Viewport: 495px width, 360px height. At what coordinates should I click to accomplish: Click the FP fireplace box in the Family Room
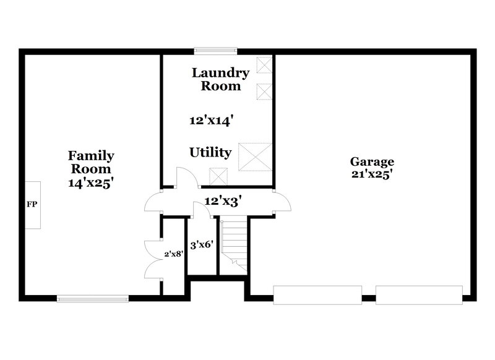pyautogui.click(x=33, y=205)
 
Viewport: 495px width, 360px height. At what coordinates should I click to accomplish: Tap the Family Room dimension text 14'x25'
pyautogui.click(x=91, y=183)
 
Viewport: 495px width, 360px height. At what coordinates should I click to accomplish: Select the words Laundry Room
pyautogui.click(x=220, y=79)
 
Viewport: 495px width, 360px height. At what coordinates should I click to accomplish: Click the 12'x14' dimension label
pyautogui.click(x=210, y=121)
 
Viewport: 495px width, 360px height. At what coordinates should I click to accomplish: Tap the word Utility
pyautogui.click(x=210, y=152)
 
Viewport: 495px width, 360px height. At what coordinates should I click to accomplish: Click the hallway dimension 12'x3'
pyautogui.click(x=223, y=201)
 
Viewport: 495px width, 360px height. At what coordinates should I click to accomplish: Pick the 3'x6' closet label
pyautogui.click(x=202, y=245)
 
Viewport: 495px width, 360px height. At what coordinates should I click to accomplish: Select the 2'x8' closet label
pyautogui.click(x=173, y=254)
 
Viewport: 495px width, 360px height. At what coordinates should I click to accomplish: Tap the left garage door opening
pyautogui.click(x=317, y=295)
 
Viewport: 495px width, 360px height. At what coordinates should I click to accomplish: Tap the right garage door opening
pyautogui.click(x=419, y=295)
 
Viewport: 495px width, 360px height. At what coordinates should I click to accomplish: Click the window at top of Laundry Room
pyautogui.click(x=216, y=51)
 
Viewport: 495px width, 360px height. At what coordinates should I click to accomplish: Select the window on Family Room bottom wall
pyautogui.click(x=93, y=298)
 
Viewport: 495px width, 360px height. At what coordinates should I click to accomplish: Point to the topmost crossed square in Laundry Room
pyautogui.click(x=264, y=65)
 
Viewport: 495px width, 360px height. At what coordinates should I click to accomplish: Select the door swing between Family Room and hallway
pyautogui.click(x=153, y=202)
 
